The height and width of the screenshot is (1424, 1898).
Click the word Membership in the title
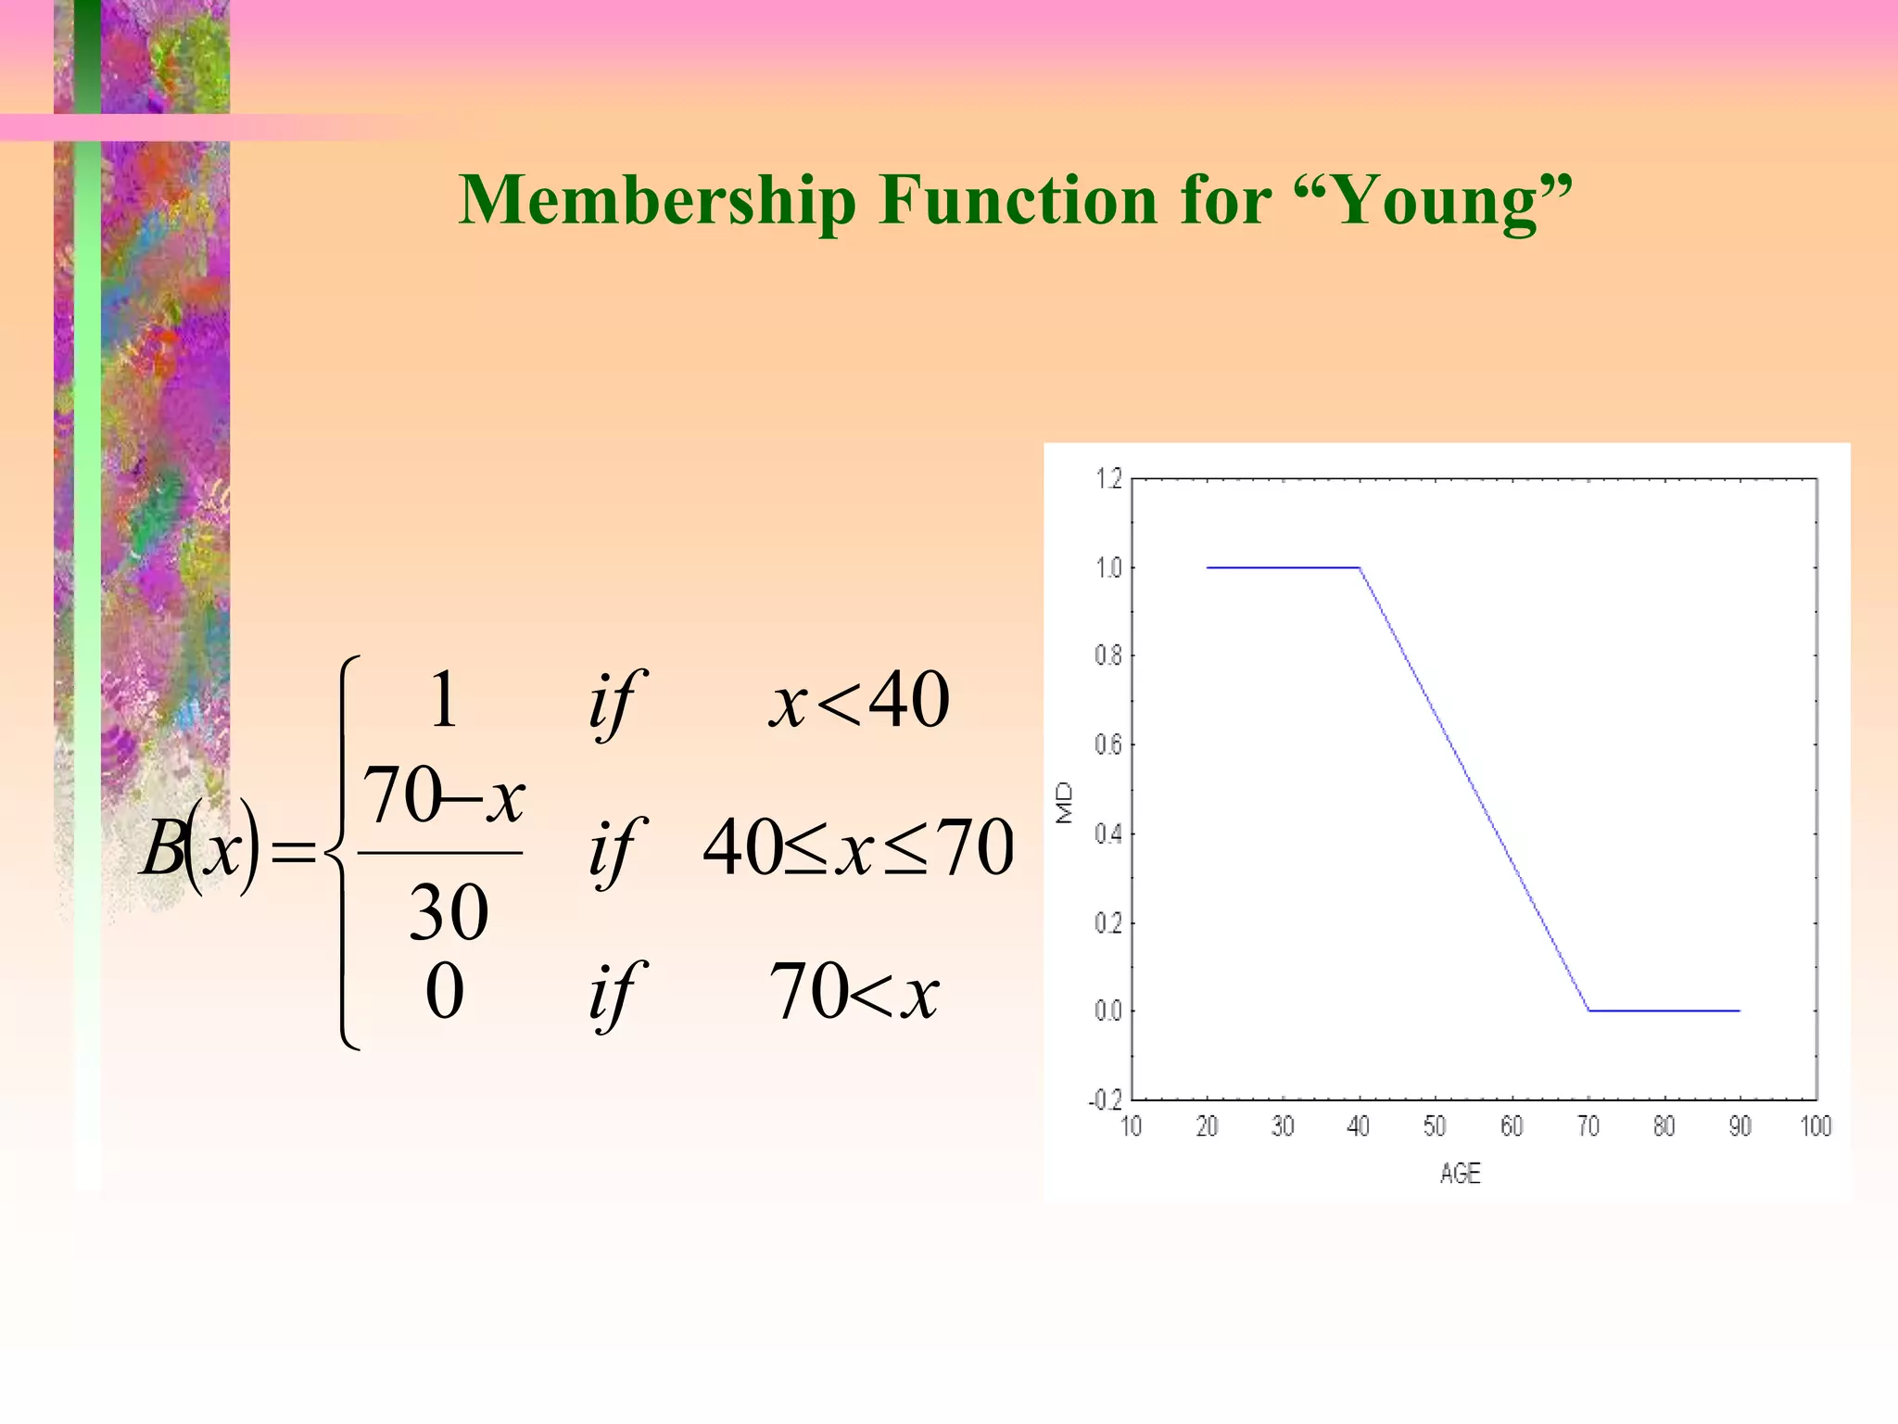(657, 200)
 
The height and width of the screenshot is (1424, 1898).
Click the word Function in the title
(1019, 200)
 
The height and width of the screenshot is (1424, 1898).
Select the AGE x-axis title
(1460, 1174)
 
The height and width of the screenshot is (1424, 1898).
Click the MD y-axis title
(1065, 803)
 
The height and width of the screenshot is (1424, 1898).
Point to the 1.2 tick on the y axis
(1107, 479)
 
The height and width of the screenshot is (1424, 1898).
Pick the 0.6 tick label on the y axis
(1107, 745)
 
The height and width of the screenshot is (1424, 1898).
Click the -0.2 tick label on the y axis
(1105, 1100)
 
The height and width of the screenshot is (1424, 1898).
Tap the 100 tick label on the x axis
(1816, 1126)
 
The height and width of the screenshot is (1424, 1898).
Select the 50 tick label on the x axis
(1435, 1126)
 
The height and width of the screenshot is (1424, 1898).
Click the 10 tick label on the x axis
(1131, 1126)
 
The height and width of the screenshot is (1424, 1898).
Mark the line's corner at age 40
(1359, 567)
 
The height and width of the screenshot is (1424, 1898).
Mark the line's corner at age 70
(1588, 1011)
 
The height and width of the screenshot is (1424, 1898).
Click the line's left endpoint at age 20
(1208, 567)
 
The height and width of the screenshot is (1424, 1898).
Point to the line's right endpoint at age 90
(1740, 1011)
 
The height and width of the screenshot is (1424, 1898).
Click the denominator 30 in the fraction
(449, 913)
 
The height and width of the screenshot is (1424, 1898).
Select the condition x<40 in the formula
(858, 701)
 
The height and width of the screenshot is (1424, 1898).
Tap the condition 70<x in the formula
(854, 992)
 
